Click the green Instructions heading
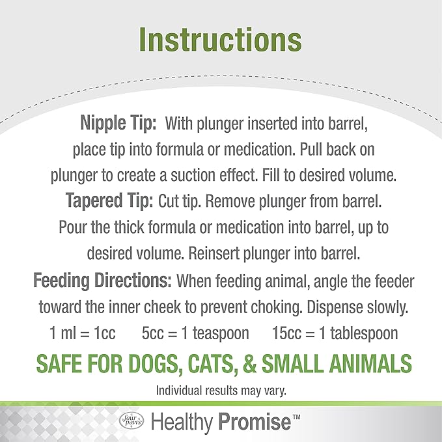pos(221,40)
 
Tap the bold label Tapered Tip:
pos(110,200)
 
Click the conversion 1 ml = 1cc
pos(83,333)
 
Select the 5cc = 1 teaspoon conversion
pos(195,333)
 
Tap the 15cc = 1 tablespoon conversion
pos(335,333)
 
